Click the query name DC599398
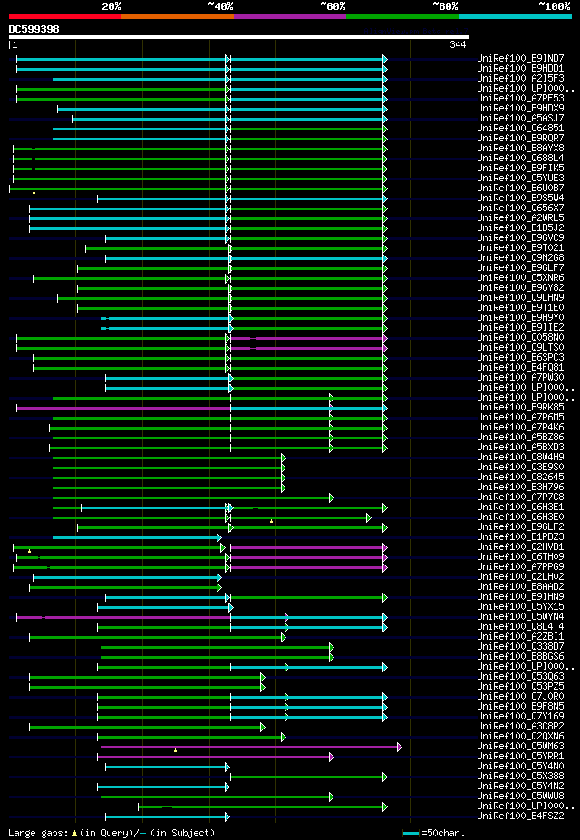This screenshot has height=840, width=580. [x=34, y=29]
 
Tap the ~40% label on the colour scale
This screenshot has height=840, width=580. [x=220, y=5]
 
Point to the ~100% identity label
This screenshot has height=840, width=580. [x=554, y=5]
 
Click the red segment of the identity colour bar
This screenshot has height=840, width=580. [x=64, y=15]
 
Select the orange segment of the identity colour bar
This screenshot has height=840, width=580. [x=177, y=15]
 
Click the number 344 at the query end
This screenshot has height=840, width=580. [x=458, y=44]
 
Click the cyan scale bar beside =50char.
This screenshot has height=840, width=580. [x=411, y=833]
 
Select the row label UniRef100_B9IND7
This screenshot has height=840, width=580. [x=519, y=59]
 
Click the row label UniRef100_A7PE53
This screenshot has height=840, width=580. [x=519, y=99]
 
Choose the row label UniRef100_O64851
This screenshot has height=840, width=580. [x=519, y=129]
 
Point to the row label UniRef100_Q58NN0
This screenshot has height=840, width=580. [x=519, y=338]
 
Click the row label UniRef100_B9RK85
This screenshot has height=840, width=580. [x=519, y=408]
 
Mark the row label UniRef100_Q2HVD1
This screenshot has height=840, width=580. [x=519, y=547]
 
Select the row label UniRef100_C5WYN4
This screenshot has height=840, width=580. [x=519, y=617]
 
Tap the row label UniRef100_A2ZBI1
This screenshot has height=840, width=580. [x=519, y=637]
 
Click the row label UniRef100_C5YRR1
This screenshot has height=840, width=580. [x=519, y=757]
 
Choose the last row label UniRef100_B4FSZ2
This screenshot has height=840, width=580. [x=519, y=816]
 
